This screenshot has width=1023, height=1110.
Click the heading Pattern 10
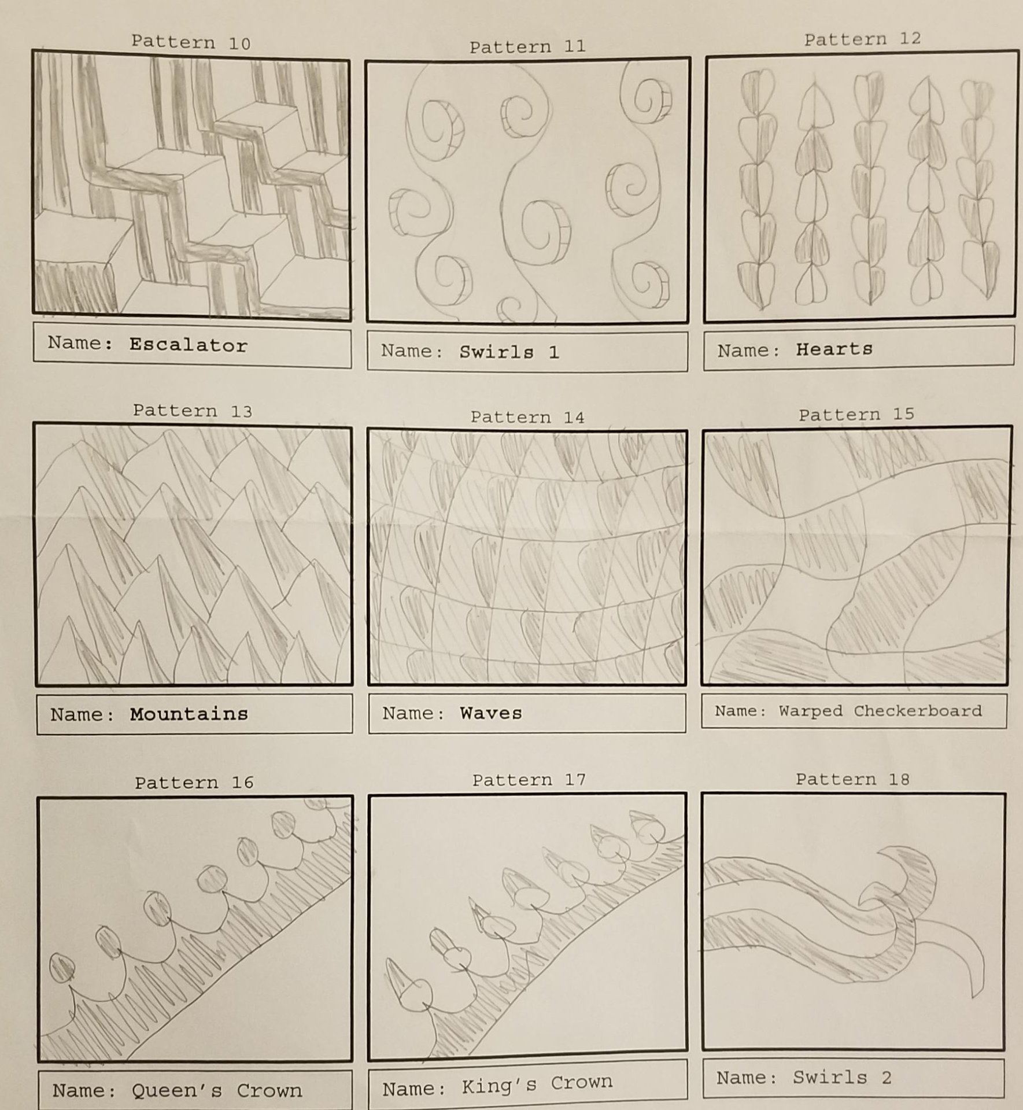[x=191, y=42]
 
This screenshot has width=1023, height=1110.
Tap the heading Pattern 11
[x=527, y=47]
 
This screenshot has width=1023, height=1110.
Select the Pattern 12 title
[x=862, y=39]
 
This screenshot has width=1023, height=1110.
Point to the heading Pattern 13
[x=193, y=411]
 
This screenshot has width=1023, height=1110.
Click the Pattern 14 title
[x=527, y=417]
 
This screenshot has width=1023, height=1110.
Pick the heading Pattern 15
[x=856, y=414]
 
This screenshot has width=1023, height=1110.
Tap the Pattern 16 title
[x=194, y=783]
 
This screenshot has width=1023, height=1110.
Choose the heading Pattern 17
[x=529, y=780]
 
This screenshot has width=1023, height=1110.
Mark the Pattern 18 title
[x=852, y=779]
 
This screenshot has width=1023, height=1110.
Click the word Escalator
[x=189, y=345]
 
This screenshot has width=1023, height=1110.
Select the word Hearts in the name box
[x=834, y=349]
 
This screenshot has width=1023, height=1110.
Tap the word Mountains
[x=189, y=714]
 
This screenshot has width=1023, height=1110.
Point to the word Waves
[x=491, y=713]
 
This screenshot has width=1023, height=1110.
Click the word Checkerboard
[x=918, y=711]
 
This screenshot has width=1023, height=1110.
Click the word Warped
[x=810, y=711]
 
